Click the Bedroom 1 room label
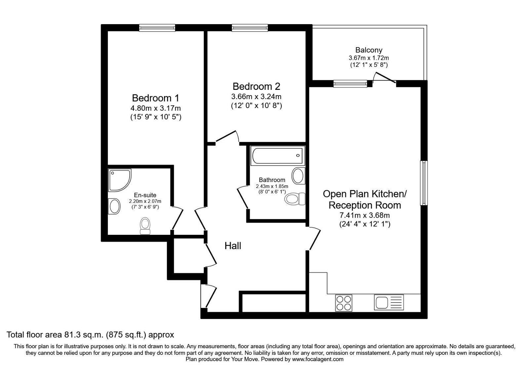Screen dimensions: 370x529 [155, 98]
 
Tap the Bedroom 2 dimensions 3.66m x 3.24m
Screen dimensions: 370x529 [256, 97]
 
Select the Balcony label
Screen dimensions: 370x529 [369, 50]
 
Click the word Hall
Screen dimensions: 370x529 [233, 246]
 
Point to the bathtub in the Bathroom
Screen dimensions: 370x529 [277, 156]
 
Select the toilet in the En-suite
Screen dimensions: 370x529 [145, 226]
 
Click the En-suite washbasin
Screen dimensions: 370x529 [114, 206]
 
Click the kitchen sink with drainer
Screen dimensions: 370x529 [389, 303]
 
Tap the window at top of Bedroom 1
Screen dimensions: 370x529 [157, 28]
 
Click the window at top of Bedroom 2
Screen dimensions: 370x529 [250, 28]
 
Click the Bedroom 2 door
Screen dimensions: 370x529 [227, 137]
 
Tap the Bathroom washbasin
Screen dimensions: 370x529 [298, 175]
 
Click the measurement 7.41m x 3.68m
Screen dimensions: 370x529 [365, 215]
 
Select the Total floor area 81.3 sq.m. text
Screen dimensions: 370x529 [90, 335]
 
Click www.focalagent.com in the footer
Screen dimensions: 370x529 [318, 359]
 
